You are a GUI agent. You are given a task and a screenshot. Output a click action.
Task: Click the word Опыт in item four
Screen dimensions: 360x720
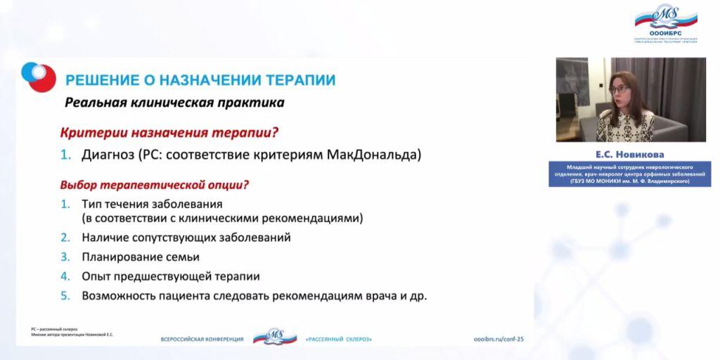pos(97,276)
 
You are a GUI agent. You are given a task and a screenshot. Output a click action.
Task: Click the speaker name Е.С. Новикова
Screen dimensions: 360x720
pos(631,153)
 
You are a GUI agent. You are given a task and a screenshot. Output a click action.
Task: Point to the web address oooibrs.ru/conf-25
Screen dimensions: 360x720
pos(504,339)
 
